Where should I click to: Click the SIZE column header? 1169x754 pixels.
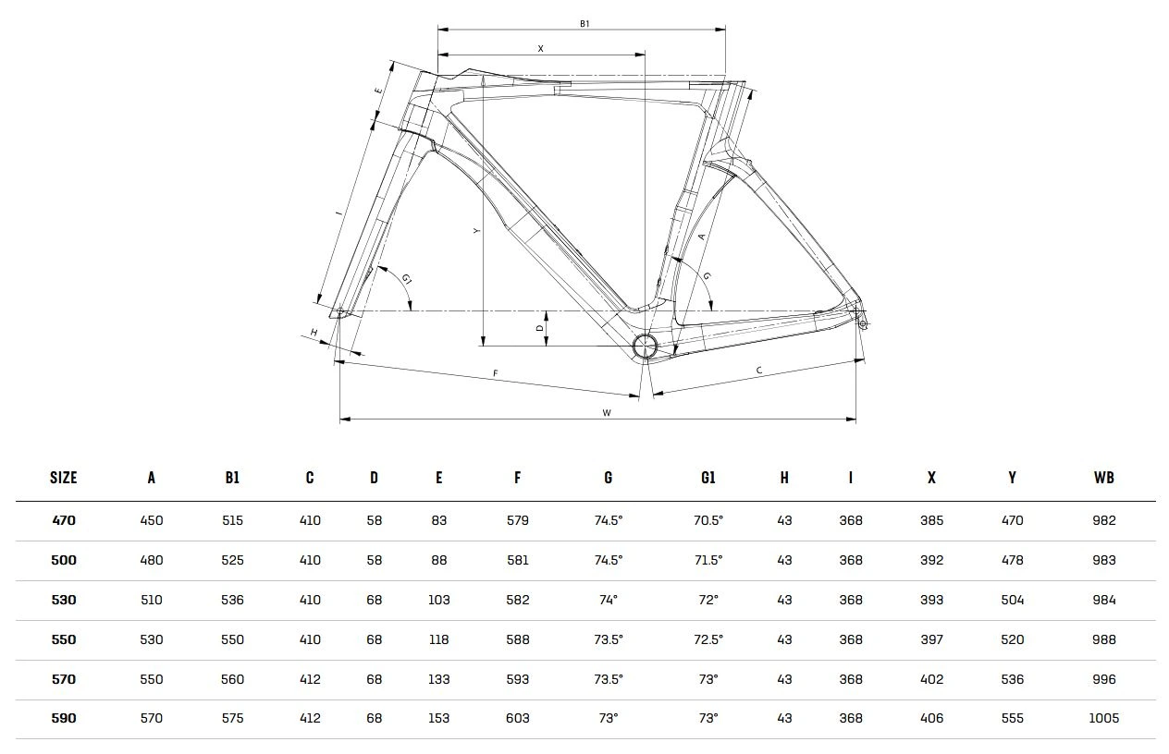tap(64, 478)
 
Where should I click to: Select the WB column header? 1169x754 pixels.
tap(1103, 478)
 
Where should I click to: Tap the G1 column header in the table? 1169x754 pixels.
tap(708, 478)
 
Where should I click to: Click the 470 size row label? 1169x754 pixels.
tap(64, 520)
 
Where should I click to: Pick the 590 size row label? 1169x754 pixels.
tap(64, 718)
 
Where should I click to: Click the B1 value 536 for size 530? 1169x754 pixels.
tap(232, 600)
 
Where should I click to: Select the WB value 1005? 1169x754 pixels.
tap(1103, 718)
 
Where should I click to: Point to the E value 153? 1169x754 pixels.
tap(438, 718)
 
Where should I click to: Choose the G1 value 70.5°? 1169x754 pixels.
tap(708, 520)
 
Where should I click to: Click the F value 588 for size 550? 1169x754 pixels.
tap(517, 639)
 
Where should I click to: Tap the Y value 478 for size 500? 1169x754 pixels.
tap(1012, 560)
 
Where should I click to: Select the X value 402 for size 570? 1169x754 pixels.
tap(931, 679)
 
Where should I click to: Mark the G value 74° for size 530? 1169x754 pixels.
tap(608, 600)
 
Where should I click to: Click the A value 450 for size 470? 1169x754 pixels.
tap(151, 520)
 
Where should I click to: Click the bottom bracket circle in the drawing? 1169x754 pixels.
tap(644, 347)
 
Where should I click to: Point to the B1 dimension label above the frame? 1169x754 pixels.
tap(584, 23)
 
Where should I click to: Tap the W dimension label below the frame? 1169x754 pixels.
tap(607, 413)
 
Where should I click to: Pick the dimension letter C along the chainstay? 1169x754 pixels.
tap(759, 371)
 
